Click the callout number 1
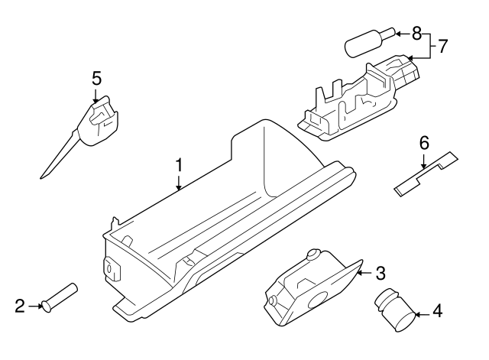point(179,165)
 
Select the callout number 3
point(381,272)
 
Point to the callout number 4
point(436,311)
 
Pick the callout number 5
point(96,78)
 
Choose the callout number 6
point(425,142)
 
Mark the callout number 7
point(442,46)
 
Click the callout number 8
point(416,33)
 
